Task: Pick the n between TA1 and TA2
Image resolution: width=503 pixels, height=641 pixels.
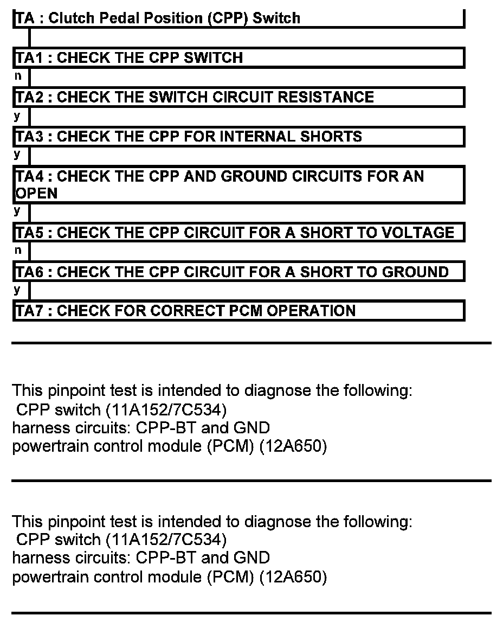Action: coord(18,76)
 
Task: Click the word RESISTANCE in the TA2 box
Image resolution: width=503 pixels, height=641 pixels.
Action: coord(326,97)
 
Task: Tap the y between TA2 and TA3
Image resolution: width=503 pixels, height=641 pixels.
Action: coord(17,115)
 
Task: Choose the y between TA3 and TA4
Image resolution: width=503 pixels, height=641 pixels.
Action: coord(17,155)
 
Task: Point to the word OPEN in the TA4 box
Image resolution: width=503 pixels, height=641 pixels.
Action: coord(36,193)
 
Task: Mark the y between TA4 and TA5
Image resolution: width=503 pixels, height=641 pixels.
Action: coord(17,210)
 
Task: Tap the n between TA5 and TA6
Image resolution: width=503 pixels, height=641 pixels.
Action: coord(18,250)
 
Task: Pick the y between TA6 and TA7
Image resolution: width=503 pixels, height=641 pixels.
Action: coord(17,290)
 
